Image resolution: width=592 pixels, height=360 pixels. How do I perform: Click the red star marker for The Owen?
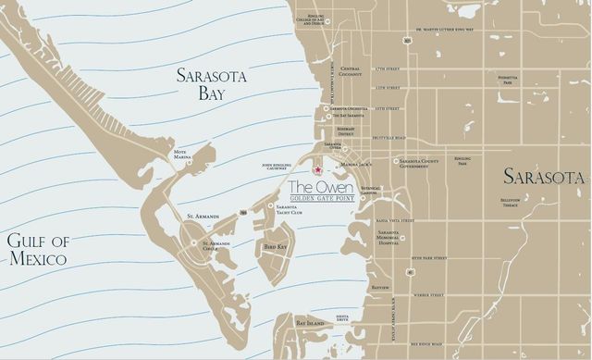click(318, 169)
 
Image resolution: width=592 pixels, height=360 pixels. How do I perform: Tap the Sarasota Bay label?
click(212, 86)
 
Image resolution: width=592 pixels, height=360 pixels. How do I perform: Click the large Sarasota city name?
click(544, 177)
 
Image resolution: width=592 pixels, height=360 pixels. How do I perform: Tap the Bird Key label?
click(276, 247)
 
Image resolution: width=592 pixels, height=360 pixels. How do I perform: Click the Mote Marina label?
click(183, 155)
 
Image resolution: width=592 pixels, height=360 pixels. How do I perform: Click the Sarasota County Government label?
click(426, 163)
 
